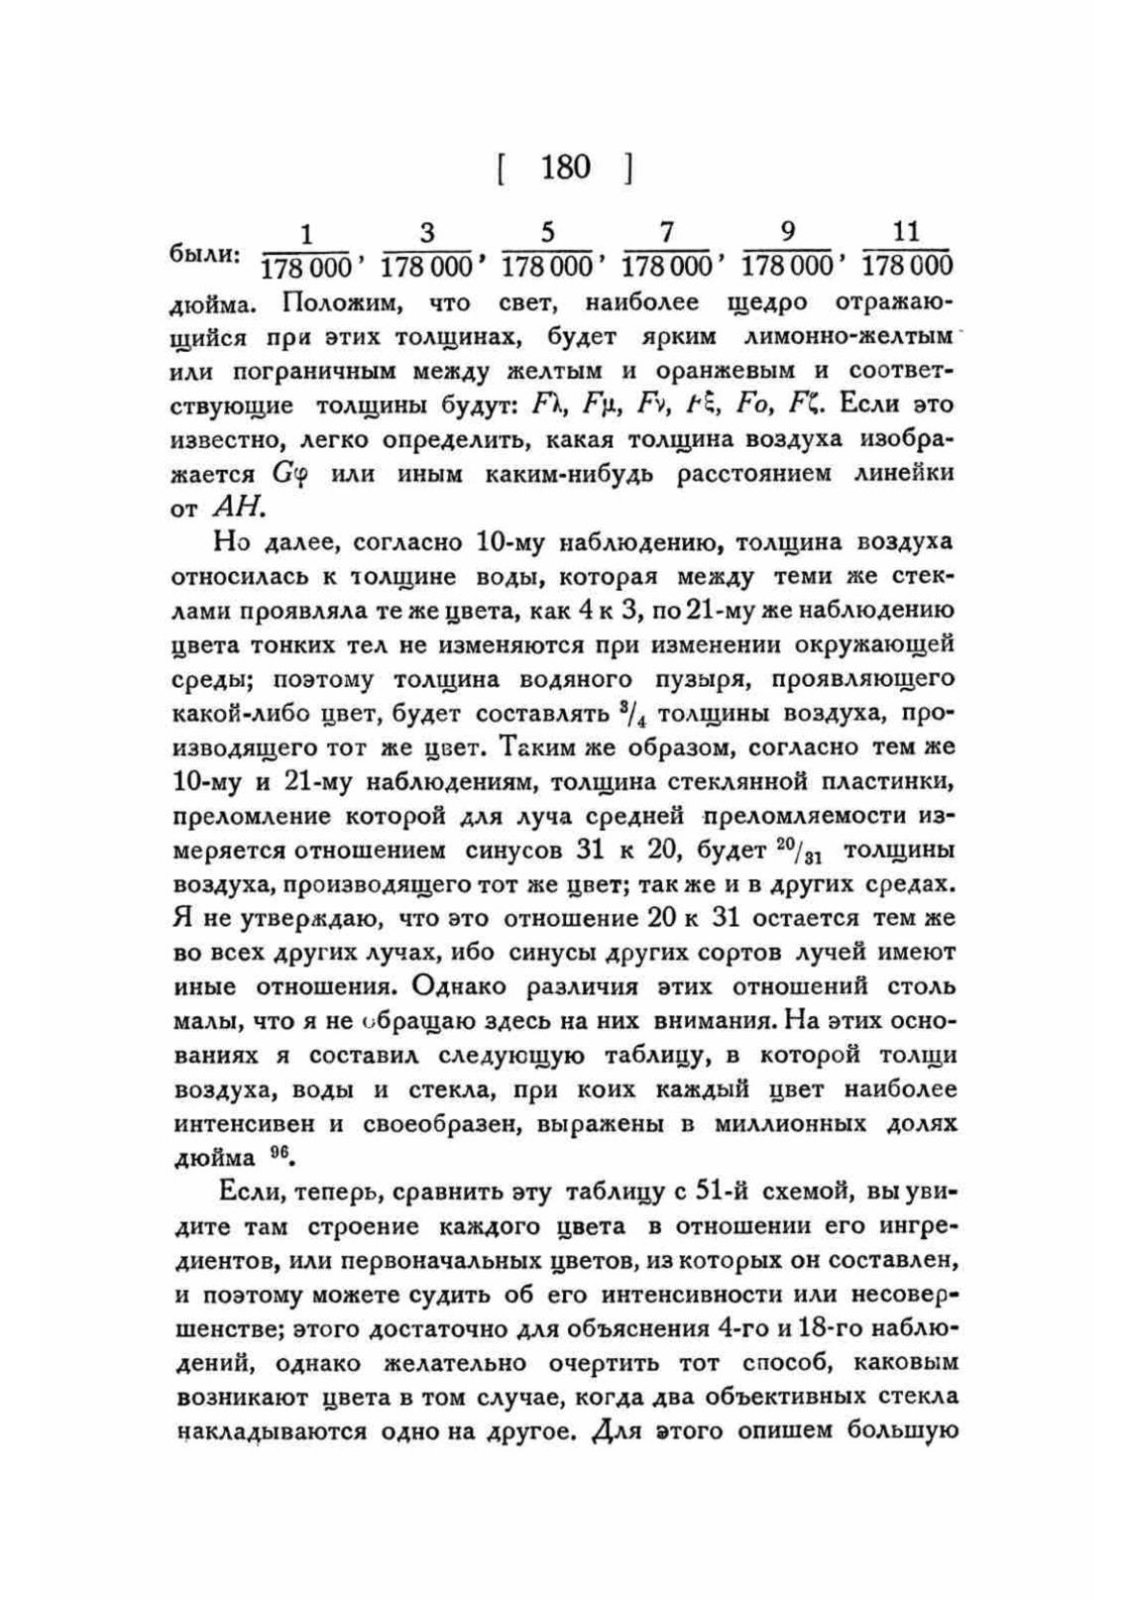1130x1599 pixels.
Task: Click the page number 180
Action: coord(565,168)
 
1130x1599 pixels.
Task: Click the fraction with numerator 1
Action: coord(306,251)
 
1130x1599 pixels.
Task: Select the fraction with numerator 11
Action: coord(906,249)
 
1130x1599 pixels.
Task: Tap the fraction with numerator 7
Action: coord(666,250)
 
